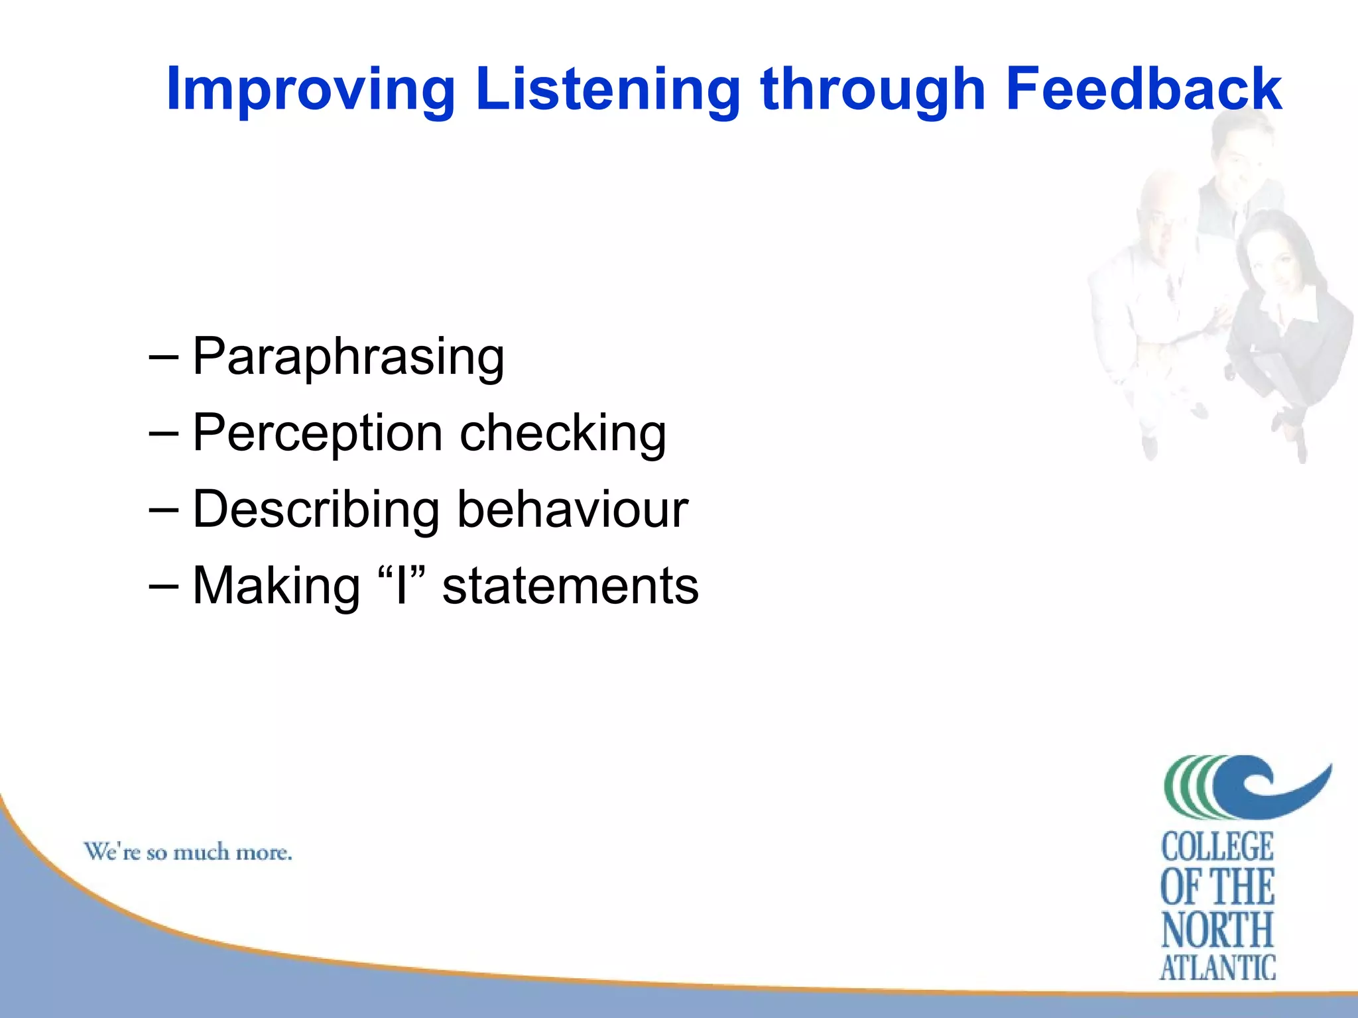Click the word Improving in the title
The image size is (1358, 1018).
coord(310,89)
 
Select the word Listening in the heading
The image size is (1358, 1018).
coord(607,89)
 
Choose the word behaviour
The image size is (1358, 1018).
coord(573,510)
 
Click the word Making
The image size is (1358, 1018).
coord(276,586)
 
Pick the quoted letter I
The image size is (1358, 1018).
coord(401,586)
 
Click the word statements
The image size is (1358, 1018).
coord(570,586)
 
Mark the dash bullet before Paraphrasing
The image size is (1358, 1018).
coord(164,357)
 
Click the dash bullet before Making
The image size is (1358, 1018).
coord(164,585)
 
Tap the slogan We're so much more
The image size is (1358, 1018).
coord(188,852)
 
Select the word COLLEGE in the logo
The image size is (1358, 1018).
coord(1217,847)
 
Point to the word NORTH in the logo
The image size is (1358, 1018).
coord(1217,929)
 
